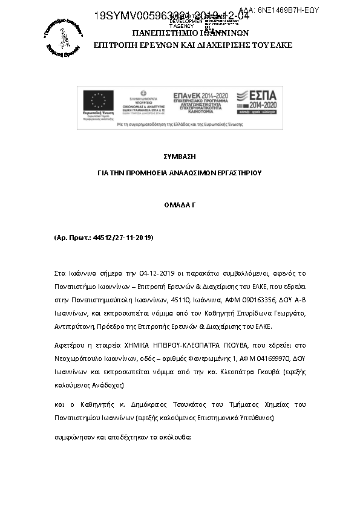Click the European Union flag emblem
[x=98, y=100]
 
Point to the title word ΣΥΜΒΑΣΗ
[x=179, y=157]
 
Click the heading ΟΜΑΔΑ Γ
[x=179, y=205]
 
